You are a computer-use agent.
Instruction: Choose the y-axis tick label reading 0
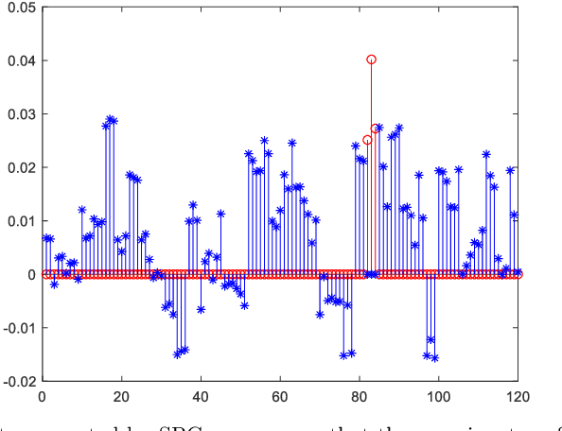coord(31,275)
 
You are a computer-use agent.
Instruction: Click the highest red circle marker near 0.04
coord(371,60)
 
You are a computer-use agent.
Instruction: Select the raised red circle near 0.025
coord(367,140)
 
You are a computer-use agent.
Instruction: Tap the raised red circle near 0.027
coord(375,129)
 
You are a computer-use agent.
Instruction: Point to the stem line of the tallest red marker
coord(371,170)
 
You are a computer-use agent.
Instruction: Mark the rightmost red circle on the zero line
coord(518,275)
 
